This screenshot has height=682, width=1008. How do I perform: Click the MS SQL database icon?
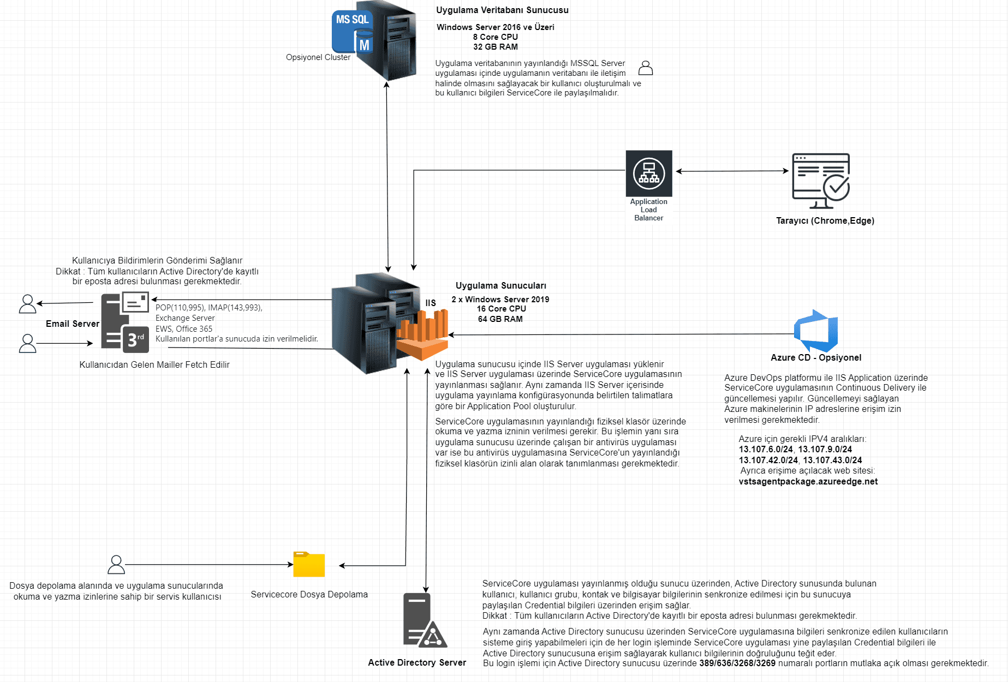pyautogui.click(x=353, y=32)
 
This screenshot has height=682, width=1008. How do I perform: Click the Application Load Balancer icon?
pyautogui.click(x=649, y=174)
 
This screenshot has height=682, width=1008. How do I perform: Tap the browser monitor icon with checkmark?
pyautogui.click(x=821, y=181)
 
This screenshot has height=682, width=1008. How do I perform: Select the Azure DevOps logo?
pyautogui.click(x=816, y=331)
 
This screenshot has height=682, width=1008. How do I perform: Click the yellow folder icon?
pyautogui.click(x=309, y=564)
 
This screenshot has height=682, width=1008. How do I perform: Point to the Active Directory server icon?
pyautogui.click(x=425, y=620)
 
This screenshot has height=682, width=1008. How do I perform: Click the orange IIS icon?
pyautogui.click(x=422, y=334)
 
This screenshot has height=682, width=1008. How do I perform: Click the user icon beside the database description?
pyautogui.click(x=646, y=68)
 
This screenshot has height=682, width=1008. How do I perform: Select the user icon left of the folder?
pyautogui.click(x=116, y=565)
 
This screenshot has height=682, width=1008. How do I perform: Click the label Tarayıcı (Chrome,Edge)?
pyautogui.click(x=825, y=220)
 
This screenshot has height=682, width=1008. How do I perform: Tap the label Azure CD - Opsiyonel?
pyautogui.click(x=816, y=357)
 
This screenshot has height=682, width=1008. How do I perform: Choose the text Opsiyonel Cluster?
pyautogui.click(x=318, y=57)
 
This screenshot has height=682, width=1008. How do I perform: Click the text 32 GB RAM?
pyautogui.click(x=496, y=47)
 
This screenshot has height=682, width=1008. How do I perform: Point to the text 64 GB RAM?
pyautogui.click(x=500, y=319)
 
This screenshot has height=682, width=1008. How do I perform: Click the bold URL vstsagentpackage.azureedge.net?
pyautogui.click(x=808, y=482)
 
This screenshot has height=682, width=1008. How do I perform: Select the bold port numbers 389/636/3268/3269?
pyautogui.click(x=737, y=663)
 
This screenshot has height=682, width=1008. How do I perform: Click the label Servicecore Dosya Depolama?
pyautogui.click(x=309, y=595)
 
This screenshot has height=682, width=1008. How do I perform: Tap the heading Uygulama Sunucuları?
pyautogui.click(x=501, y=286)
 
